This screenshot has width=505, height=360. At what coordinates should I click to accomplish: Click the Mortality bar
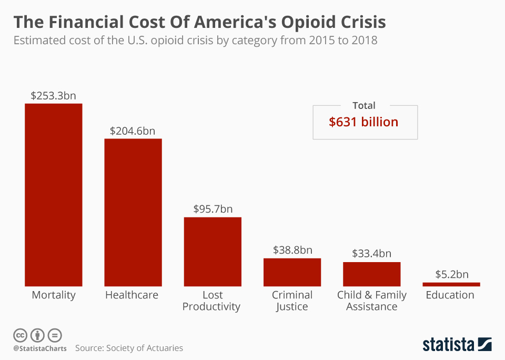[x=54, y=195]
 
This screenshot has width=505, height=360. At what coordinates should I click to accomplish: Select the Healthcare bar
[x=133, y=212]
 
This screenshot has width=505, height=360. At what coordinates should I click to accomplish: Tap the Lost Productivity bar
[x=213, y=251]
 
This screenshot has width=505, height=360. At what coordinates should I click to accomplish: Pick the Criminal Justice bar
[x=292, y=272]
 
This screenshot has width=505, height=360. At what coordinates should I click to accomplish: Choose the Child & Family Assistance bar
[x=372, y=274]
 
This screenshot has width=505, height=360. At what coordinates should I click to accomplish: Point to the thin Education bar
[x=451, y=284]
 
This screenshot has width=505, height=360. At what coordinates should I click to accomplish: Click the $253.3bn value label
[x=53, y=96]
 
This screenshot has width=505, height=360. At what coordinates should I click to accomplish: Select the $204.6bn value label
[x=133, y=131]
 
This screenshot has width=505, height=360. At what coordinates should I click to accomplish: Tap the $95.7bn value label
[x=212, y=209]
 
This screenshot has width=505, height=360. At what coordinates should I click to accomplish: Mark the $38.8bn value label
[x=292, y=250]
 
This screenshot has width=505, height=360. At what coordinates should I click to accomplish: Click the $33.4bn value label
[x=371, y=254]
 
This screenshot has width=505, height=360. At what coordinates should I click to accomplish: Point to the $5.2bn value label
[x=451, y=274]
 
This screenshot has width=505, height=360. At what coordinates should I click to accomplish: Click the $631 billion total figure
[x=363, y=122]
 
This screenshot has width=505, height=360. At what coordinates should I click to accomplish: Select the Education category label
[x=450, y=295]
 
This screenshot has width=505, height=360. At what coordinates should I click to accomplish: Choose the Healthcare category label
[x=132, y=295]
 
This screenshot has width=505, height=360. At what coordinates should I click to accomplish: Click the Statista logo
[x=457, y=345]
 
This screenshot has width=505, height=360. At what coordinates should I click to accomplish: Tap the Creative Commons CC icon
[x=20, y=335]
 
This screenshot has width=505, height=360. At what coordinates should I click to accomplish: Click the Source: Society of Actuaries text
[x=129, y=348]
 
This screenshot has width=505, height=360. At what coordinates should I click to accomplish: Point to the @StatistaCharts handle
[x=40, y=348]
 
